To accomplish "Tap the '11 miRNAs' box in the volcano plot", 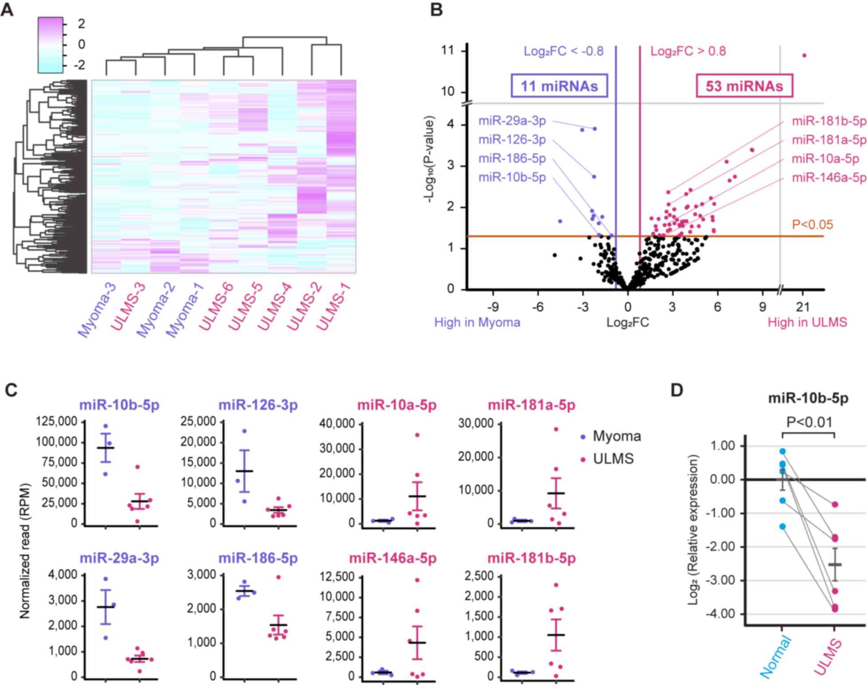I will (559, 86).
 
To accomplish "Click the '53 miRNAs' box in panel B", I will (744, 86).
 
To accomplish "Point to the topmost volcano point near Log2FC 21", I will (804, 55).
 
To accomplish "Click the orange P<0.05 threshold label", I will (812, 225).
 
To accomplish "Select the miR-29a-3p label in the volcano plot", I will (512, 121).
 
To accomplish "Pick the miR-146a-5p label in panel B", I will (829, 178).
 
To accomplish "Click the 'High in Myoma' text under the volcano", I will (477, 322).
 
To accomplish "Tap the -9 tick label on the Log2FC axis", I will (493, 307).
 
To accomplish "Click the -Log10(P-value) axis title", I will (429, 160).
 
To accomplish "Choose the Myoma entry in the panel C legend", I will (616, 436).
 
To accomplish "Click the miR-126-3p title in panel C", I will (258, 405).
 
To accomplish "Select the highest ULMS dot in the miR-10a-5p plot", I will (417, 435).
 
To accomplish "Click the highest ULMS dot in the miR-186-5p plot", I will (278, 577).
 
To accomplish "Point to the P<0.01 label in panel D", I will (809, 422).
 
